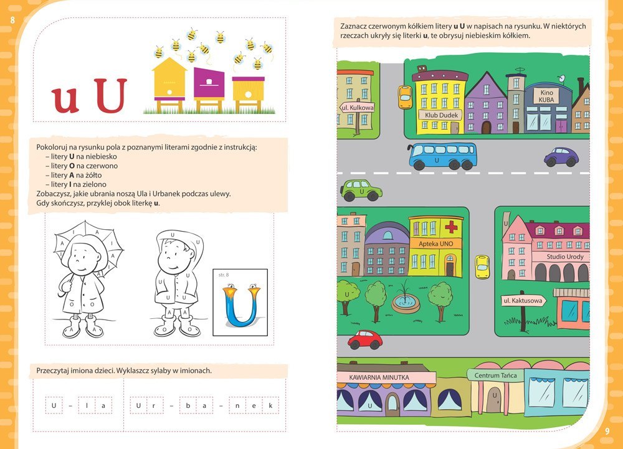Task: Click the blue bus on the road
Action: point(442,156)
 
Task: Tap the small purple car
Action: point(561,157)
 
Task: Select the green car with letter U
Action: point(361,190)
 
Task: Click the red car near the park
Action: point(364,340)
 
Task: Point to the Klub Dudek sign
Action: point(442,115)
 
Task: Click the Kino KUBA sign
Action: point(546,96)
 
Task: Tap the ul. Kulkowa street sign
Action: point(357,108)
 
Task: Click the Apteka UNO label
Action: point(435,243)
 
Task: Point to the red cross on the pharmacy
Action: point(451,227)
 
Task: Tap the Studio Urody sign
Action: point(564,257)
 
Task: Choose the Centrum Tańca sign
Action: point(495,375)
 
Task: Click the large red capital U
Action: point(112,95)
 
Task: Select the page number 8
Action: point(12,21)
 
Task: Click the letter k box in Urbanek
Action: point(270,406)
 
